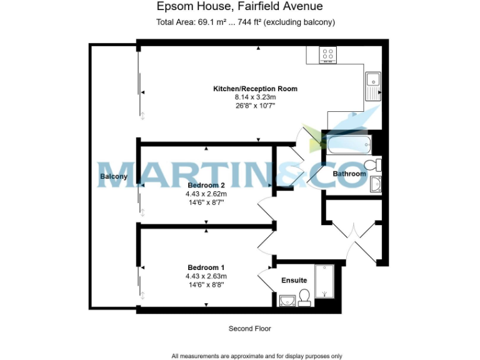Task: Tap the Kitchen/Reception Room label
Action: click(255, 89)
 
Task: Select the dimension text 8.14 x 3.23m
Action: click(255, 97)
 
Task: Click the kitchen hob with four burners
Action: click(327, 55)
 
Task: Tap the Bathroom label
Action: click(349, 174)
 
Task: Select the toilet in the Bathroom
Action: click(373, 165)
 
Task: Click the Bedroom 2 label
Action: click(206, 186)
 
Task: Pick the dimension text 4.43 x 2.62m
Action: click(206, 194)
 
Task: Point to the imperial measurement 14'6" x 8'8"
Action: click(206, 284)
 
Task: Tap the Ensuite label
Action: click(293, 280)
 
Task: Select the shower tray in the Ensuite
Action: click(324, 281)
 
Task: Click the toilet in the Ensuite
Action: click(305, 297)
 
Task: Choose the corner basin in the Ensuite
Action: click(286, 301)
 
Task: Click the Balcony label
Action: click(113, 177)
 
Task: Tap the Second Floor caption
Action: click(249, 328)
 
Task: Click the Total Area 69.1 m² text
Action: click(184, 22)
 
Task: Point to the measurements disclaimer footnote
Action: click(257, 356)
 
